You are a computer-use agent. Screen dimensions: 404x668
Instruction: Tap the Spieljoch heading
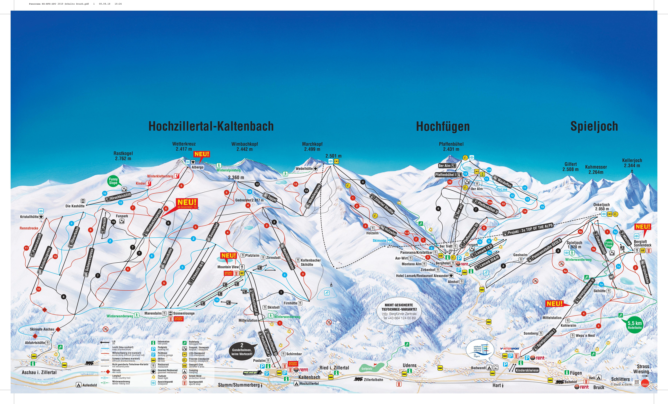point(594,126)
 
